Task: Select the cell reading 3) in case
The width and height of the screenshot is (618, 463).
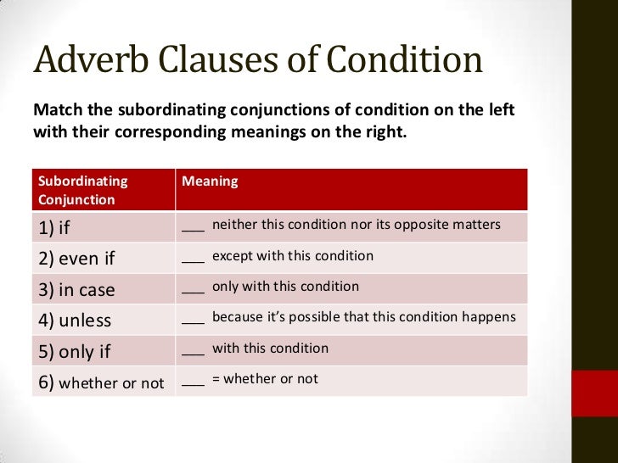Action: pyautogui.click(x=76, y=290)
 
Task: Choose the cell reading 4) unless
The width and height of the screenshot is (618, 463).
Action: pyautogui.click(x=74, y=321)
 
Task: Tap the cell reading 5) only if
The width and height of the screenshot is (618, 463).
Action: pyautogui.click(x=74, y=352)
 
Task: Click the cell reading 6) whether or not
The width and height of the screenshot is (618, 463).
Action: pyautogui.click(x=101, y=382)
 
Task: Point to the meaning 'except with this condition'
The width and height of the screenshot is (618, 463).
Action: pyautogui.click(x=292, y=255)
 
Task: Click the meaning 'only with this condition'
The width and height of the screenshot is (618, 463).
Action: pyautogui.click(x=285, y=287)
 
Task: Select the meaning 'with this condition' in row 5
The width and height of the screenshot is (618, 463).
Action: pyautogui.click(x=270, y=348)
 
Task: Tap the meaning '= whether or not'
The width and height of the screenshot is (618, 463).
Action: pyautogui.click(x=265, y=379)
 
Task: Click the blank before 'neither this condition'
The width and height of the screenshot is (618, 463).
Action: pyautogui.click(x=194, y=227)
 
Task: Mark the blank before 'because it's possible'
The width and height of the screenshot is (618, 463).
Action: pyautogui.click(x=194, y=321)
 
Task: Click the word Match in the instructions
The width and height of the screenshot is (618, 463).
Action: pyautogui.click(x=55, y=111)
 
